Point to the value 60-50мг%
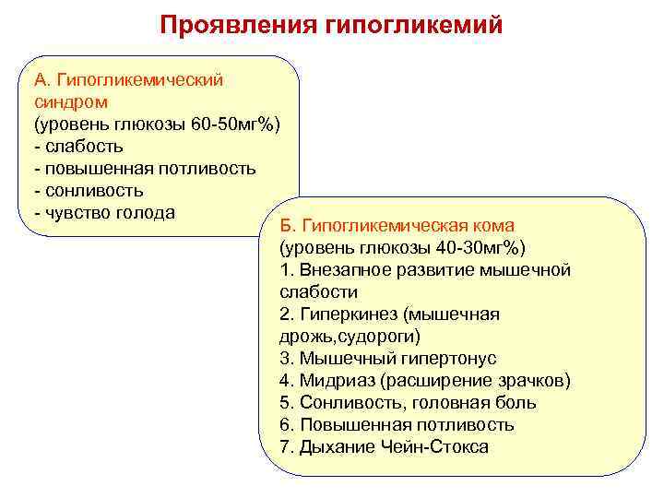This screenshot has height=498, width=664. pyautogui.click(x=235, y=124)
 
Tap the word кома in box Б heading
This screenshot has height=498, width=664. pyautogui.click(x=493, y=225)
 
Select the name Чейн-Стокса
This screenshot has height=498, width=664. pyautogui.click(x=433, y=446)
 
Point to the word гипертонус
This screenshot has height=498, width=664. pyautogui.click(x=442, y=358)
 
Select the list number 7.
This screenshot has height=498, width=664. pyautogui.click(x=284, y=446)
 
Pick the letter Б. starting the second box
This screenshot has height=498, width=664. pyautogui.click(x=285, y=225)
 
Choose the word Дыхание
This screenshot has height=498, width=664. pyautogui.click(x=336, y=446)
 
